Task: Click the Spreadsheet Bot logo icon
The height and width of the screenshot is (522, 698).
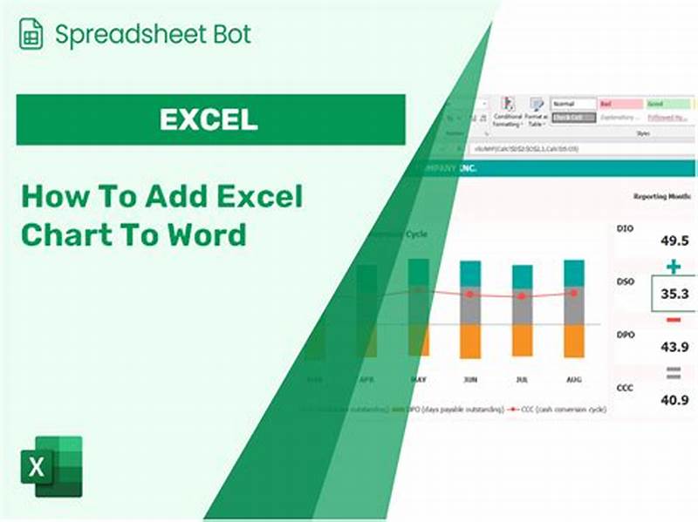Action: (31, 34)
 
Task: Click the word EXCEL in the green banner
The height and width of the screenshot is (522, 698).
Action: (209, 119)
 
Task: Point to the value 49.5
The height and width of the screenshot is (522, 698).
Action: (674, 240)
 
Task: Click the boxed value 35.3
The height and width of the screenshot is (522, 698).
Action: (674, 294)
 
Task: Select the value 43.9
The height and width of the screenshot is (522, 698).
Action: (674, 346)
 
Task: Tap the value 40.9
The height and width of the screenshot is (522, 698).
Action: (674, 400)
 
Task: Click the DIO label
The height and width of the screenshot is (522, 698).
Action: (626, 228)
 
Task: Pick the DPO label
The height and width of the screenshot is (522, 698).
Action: (626, 335)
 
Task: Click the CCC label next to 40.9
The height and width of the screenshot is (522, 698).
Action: (626, 388)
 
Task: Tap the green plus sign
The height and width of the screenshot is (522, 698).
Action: (673, 266)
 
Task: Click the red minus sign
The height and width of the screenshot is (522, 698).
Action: (673, 320)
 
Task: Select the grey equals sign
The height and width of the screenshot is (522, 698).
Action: (673, 373)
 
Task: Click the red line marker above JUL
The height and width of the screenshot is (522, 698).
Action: (522, 296)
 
